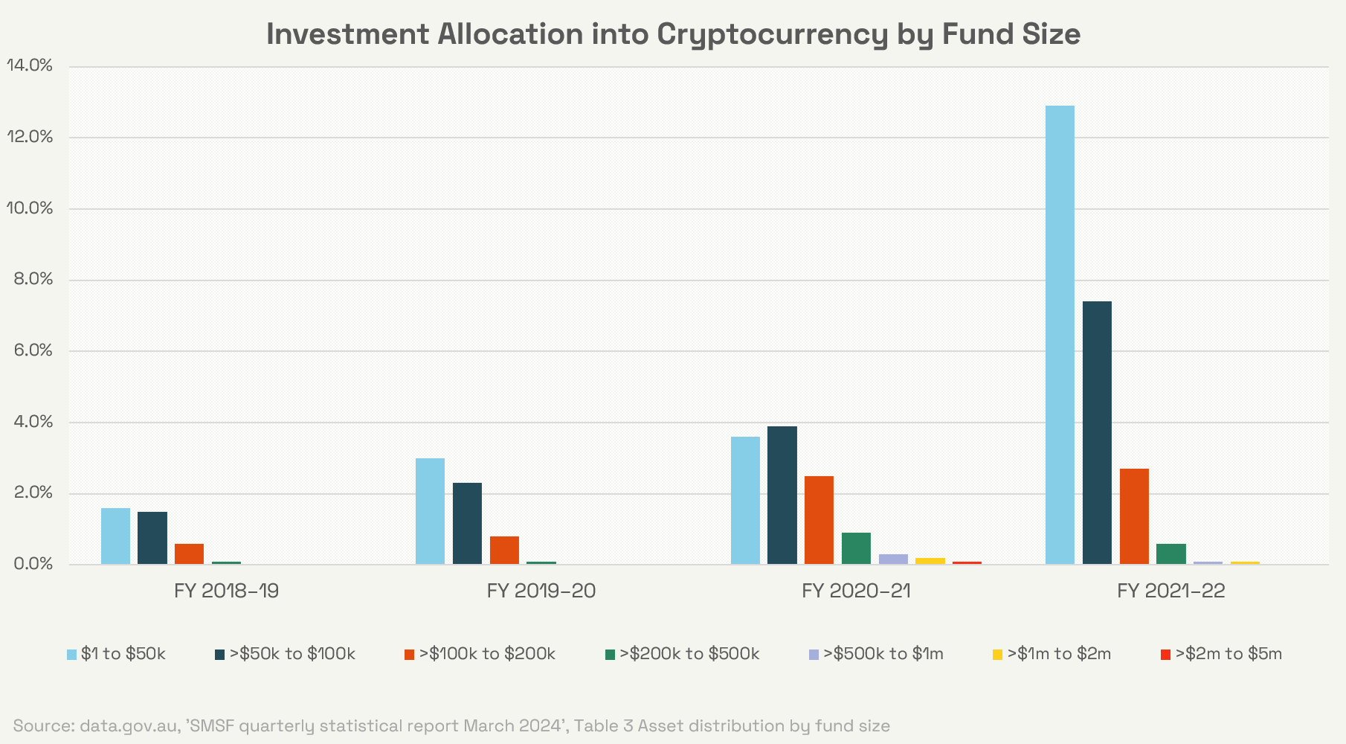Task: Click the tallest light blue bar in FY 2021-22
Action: (x=1060, y=335)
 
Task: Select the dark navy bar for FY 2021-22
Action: (x=1097, y=432)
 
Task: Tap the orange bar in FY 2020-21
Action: (x=819, y=520)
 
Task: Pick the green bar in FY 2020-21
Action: (x=856, y=548)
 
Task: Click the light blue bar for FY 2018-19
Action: (x=115, y=536)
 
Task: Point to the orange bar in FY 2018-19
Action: (x=189, y=554)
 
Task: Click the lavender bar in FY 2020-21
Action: (x=893, y=559)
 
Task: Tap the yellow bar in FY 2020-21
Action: (x=930, y=561)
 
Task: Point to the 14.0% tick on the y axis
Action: (x=30, y=66)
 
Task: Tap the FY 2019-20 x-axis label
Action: (x=541, y=591)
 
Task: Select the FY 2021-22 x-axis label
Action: (x=1170, y=591)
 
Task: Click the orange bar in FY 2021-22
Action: (x=1134, y=516)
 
